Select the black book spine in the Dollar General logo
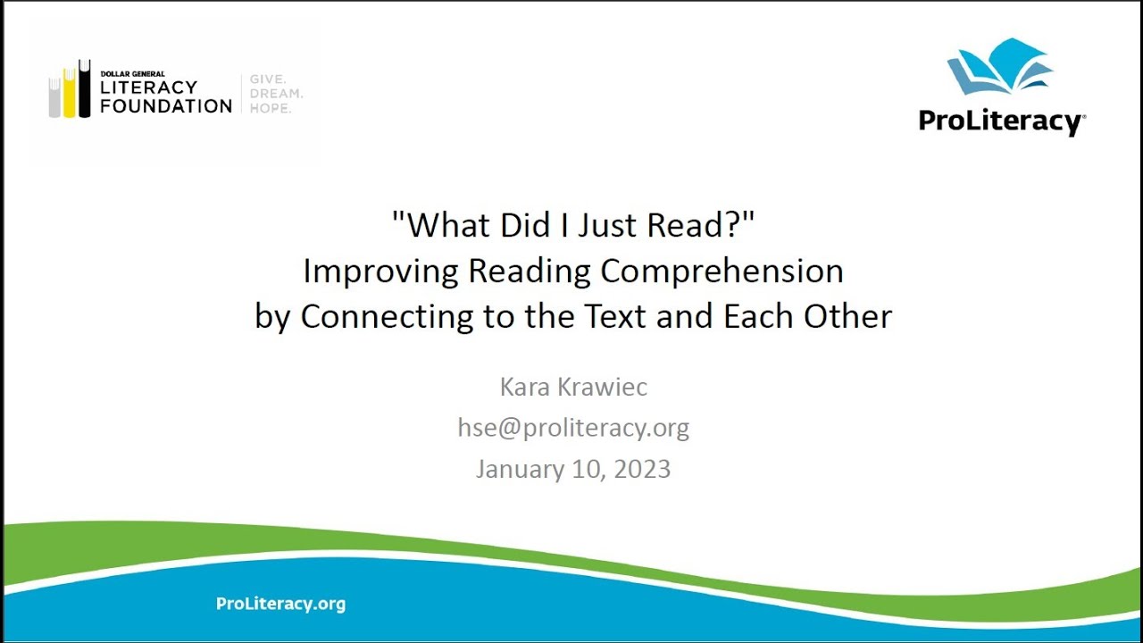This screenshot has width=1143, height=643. click(84, 88)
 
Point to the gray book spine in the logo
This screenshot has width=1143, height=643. click(54, 97)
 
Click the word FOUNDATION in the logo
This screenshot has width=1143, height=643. click(166, 105)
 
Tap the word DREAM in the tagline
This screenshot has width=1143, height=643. click(275, 93)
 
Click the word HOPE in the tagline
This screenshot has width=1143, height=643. click(270, 108)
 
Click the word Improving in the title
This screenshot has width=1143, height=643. click(381, 271)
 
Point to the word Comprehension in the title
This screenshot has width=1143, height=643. click(722, 271)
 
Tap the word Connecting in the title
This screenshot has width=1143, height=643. click(387, 317)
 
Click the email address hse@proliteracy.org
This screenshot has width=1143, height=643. click(573, 428)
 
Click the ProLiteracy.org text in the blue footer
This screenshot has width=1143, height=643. click(280, 604)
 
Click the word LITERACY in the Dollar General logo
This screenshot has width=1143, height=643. click(148, 88)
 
